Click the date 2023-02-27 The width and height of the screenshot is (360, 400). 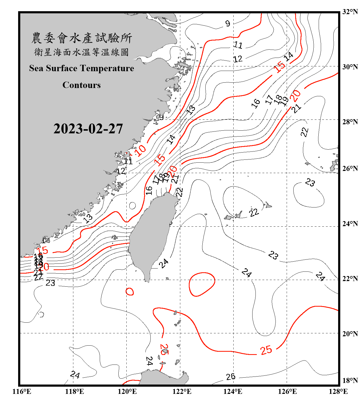(x=88, y=129)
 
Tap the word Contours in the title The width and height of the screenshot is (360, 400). (x=82, y=85)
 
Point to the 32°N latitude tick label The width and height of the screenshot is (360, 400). (x=350, y=12)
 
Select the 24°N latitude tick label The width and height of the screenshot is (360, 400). (x=350, y=223)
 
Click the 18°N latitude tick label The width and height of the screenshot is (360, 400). (x=350, y=381)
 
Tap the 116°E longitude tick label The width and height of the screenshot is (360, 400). (x=22, y=391)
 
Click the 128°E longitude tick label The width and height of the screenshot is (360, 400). (x=338, y=391)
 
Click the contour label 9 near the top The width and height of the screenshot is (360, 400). (x=227, y=24)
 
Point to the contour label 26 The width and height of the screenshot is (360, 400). (x=231, y=377)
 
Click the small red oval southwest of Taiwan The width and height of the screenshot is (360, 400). (x=130, y=291)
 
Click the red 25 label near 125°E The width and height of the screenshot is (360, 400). (x=266, y=350)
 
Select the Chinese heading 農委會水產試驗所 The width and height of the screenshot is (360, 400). (x=82, y=38)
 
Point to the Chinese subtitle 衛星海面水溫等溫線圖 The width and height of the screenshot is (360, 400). (x=82, y=52)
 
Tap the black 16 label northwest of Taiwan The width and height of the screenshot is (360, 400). (x=149, y=190)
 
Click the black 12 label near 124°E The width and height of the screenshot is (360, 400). (x=238, y=59)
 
